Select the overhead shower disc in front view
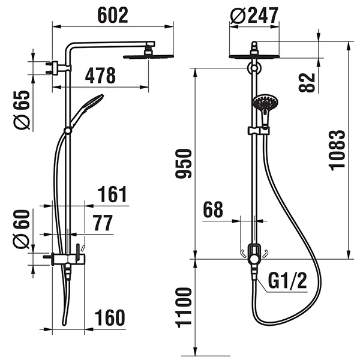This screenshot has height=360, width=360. pos(255,58)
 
